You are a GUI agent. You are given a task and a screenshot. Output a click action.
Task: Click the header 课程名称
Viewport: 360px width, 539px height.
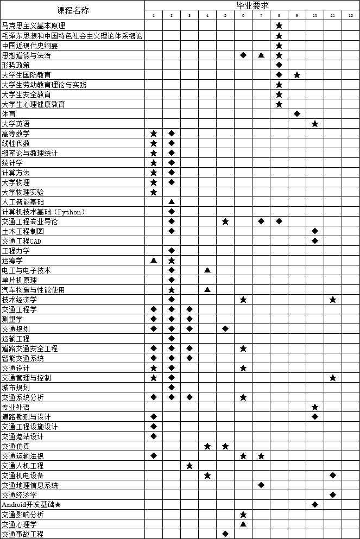(x=73, y=10)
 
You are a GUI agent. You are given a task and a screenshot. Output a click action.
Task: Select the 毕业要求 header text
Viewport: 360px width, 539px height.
(x=252, y=5)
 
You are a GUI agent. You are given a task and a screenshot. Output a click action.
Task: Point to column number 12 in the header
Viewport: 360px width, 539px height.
(x=351, y=16)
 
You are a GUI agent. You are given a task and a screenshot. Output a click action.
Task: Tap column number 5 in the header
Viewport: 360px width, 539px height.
(x=225, y=16)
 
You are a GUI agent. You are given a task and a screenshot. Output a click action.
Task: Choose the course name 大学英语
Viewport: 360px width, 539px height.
(x=16, y=124)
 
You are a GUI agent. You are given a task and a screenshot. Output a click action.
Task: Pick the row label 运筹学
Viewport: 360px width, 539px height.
(x=12, y=261)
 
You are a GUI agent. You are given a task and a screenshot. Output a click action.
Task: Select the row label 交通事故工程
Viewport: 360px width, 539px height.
(x=23, y=534)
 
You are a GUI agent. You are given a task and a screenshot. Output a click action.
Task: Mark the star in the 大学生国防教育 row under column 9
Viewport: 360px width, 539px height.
(x=297, y=75)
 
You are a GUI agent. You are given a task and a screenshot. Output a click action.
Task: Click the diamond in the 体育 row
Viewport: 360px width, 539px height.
(x=297, y=114)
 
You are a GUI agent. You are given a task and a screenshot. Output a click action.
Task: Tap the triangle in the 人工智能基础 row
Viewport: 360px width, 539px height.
(x=172, y=202)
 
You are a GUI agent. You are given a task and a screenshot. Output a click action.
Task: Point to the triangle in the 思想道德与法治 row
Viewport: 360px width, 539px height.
(x=261, y=55)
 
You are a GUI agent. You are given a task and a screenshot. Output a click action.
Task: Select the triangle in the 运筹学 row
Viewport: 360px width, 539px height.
(x=154, y=261)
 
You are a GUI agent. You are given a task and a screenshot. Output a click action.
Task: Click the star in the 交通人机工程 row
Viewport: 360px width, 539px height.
(x=190, y=466)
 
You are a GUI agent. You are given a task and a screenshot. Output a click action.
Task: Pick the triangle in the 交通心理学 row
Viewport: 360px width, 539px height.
(x=243, y=524)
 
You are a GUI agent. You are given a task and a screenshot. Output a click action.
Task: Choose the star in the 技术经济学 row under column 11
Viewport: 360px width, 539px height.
(x=333, y=300)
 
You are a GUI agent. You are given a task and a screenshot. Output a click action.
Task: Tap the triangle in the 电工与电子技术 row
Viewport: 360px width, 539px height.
(x=207, y=270)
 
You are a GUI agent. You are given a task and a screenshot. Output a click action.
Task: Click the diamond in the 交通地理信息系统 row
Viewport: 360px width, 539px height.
(x=261, y=485)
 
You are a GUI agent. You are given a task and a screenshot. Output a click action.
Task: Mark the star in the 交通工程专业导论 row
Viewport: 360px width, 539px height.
(x=225, y=221)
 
